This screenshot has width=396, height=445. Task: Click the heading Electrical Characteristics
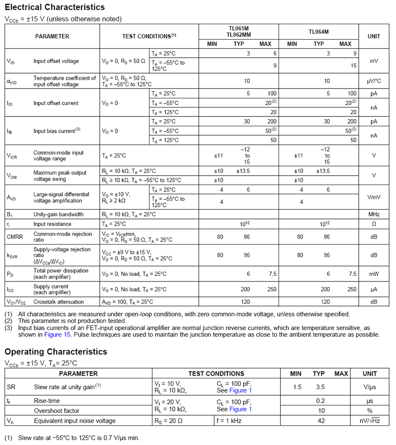(55, 7)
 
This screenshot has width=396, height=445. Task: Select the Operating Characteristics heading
(56, 352)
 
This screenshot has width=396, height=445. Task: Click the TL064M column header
(319, 32)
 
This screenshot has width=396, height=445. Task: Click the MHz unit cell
(374, 214)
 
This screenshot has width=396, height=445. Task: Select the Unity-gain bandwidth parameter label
(58, 214)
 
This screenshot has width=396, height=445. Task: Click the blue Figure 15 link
(58, 335)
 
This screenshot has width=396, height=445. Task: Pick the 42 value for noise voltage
(321, 421)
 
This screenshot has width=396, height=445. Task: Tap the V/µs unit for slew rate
(370, 387)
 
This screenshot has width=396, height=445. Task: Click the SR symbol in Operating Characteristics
(11, 387)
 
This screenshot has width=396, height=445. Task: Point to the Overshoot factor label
(56, 411)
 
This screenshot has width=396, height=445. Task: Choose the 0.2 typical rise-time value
(321, 401)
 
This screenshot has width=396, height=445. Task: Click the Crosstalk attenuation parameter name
(59, 302)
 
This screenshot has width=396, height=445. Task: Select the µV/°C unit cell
(374, 81)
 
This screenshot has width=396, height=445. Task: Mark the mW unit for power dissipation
(374, 274)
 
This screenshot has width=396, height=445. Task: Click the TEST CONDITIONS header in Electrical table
(149, 36)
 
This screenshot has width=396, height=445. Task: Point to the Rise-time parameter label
(47, 401)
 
